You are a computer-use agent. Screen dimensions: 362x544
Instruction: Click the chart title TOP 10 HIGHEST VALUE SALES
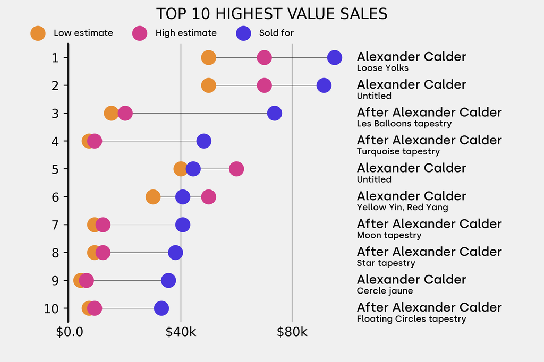point(271,14)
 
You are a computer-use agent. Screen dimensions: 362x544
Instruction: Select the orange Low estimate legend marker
point(38,33)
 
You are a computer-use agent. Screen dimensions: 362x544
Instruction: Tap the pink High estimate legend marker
point(140,33)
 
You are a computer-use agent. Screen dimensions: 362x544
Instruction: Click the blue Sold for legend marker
point(243,33)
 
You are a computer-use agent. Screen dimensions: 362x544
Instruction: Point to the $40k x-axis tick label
point(181,332)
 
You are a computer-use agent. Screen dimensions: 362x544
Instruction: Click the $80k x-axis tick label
point(292,332)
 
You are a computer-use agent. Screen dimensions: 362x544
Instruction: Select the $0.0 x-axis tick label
point(70,332)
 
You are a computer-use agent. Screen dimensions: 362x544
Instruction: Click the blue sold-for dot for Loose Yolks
point(334,57)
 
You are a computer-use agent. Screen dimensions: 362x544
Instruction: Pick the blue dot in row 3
point(274,113)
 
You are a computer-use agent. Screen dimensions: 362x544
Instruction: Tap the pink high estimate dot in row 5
point(236,169)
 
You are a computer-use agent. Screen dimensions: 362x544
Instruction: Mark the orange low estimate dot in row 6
point(153,197)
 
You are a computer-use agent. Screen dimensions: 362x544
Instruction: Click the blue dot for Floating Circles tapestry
point(161,308)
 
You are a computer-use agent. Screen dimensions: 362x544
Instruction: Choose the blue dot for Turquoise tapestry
point(203,141)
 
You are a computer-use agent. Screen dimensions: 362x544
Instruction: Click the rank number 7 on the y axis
point(55,225)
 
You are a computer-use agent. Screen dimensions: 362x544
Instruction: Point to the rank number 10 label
point(52,308)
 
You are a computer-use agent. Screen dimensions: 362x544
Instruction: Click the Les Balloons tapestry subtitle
point(404,124)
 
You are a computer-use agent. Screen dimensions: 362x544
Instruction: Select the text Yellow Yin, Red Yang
point(402,208)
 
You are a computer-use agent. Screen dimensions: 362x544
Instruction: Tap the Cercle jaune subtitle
point(385,291)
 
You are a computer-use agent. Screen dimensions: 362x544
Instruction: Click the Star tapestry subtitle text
point(386,263)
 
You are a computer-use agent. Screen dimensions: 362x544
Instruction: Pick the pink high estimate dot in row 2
point(264,85)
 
